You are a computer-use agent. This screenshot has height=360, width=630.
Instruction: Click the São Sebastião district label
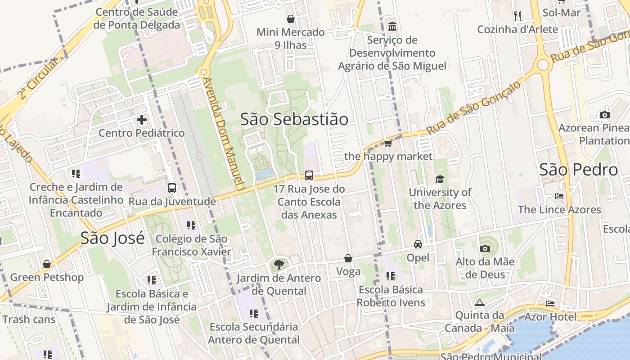point(294,119)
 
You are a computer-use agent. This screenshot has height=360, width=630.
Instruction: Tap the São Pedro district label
point(578,170)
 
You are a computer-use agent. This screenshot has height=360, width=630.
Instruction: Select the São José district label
point(112,238)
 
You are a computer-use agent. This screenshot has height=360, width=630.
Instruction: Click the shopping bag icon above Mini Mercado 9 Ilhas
point(291,19)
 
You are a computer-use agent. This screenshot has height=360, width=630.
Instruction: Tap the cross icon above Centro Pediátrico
point(142,120)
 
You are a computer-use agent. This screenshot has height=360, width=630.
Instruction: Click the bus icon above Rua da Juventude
point(172,188)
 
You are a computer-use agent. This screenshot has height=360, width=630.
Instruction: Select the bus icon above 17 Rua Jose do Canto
point(309,175)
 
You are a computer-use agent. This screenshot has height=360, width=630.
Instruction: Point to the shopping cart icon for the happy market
point(388,144)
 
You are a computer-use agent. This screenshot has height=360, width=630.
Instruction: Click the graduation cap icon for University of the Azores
point(440,180)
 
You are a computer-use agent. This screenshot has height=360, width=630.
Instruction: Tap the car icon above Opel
point(418,244)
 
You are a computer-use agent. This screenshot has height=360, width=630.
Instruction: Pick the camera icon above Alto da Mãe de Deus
point(485,248)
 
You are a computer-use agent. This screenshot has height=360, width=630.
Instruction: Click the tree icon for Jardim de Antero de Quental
point(279,264)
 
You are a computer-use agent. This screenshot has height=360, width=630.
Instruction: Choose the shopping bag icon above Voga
point(348,258)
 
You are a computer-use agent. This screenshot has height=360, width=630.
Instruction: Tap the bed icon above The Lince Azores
point(559,196)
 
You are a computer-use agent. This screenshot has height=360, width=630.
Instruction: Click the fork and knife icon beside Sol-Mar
point(517,16)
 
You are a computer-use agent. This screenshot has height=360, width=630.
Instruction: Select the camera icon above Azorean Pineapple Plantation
point(605,115)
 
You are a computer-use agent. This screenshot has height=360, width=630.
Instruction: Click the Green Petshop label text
point(47,277)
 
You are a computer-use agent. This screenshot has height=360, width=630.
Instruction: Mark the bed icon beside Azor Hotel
point(550,304)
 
